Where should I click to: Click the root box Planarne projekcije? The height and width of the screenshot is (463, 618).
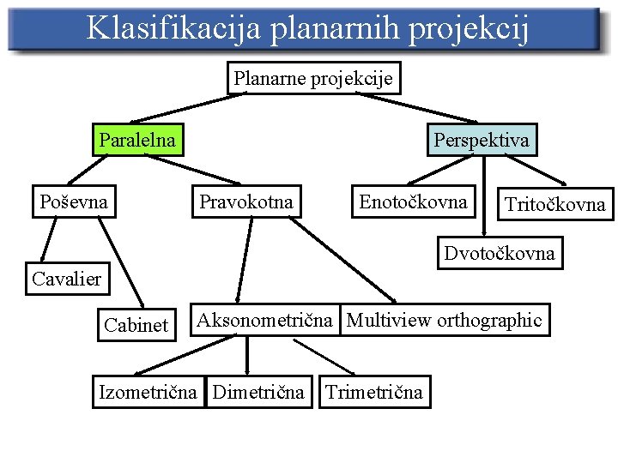point(313,79)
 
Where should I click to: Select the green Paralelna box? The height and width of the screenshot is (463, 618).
point(137,140)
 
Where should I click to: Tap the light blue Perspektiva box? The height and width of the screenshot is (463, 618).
point(482,140)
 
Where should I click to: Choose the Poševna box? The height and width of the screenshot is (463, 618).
point(74,202)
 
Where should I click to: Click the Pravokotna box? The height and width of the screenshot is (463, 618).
point(246,202)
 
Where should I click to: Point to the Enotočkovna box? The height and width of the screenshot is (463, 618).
point(413,202)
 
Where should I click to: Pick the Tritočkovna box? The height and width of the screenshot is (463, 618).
point(555,204)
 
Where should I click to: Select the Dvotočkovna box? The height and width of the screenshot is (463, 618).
point(499,253)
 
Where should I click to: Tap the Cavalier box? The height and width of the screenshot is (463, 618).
point(66,278)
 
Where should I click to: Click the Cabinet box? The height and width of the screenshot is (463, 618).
point(136,325)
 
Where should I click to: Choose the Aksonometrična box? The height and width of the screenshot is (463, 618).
point(264,321)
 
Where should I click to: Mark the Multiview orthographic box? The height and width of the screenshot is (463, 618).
point(444,321)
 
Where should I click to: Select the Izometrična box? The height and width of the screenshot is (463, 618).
point(149,393)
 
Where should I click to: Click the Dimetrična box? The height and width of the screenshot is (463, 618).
point(258,393)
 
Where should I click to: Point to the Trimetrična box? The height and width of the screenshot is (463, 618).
point(373,393)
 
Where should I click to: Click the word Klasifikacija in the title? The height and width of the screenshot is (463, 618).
point(173,28)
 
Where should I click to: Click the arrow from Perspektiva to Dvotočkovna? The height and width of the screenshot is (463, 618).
point(486,197)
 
